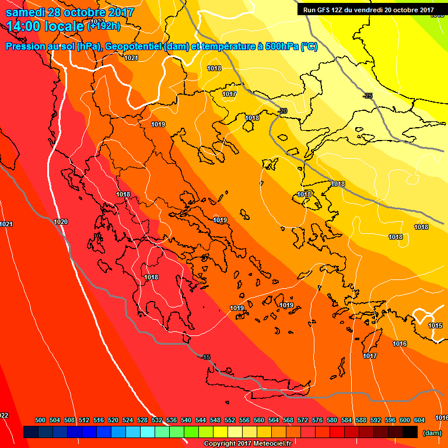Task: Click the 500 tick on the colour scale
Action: click(x=40, y=420)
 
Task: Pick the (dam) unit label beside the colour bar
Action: click(x=432, y=433)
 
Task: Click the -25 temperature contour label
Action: click(x=367, y=96)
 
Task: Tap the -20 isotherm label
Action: click(x=283, y=111)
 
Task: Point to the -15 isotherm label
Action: click(x=205, y=357)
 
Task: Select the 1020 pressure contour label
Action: click(x=61, y=222)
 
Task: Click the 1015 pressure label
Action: click(x=435, y=325)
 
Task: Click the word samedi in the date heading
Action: click(x=26, y=12)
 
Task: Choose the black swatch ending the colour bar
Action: click(x=410, y=432)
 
